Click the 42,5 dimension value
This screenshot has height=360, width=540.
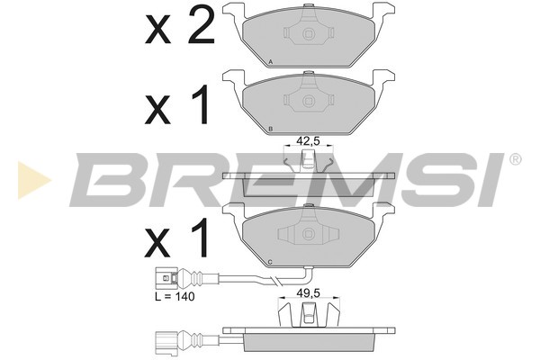[x=308, y=140]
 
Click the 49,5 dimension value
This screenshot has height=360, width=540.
[x=308, y=292]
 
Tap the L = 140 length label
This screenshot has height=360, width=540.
[x=175, y=296]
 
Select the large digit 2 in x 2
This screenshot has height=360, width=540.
[x=198, y=25]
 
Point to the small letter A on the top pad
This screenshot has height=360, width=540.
[x=270, y=62]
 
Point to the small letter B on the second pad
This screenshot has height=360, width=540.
[x=270, y=130]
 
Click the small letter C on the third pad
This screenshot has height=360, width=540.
[x=270, y=263]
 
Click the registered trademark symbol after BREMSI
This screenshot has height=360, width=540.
[x=515, y=159]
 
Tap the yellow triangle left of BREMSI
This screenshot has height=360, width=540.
[x=34, y=180]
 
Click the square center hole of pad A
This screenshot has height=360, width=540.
[x=308, y=34]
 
